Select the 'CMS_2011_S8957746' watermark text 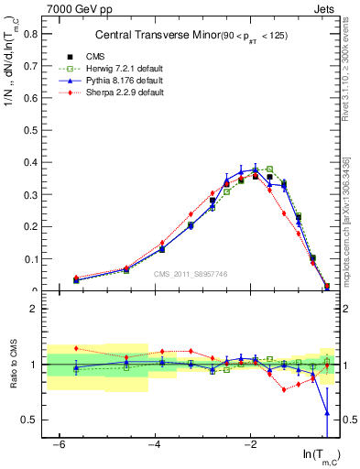point(191,274)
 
